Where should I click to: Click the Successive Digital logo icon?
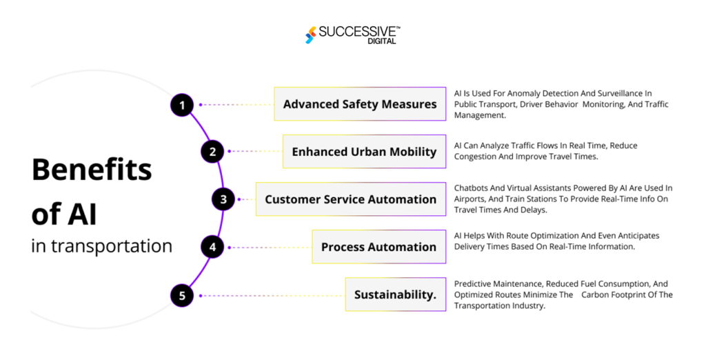pyautogui.click(x=312, y=34)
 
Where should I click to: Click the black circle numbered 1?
pyautogui.click(x=182, y=105)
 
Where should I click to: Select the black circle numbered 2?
pyautogui.click(x=212, y=151)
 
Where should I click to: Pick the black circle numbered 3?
pyautogui.click(x=223, y=199)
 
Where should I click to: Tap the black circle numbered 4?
pyautogui.click(x=212, y=247)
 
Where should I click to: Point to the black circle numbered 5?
pyautogui.click(x=182, y=296)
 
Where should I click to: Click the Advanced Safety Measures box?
pyautogui.click(x=360, y=104)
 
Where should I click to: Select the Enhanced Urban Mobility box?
pyautogui.click(x=364, y=152)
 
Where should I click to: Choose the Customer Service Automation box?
pyautogui.click(x=350, y=199)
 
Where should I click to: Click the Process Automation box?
pyautogui.click(x=379, y=247)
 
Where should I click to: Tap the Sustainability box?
pyautogui.click(x=395, y=295)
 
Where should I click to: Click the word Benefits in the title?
pyautogui.click(x=91, y=170)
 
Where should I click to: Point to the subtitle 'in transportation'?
pyautogui.click(x=101, y=246)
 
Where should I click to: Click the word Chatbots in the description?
pyautogui.click(x=472, y=188)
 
